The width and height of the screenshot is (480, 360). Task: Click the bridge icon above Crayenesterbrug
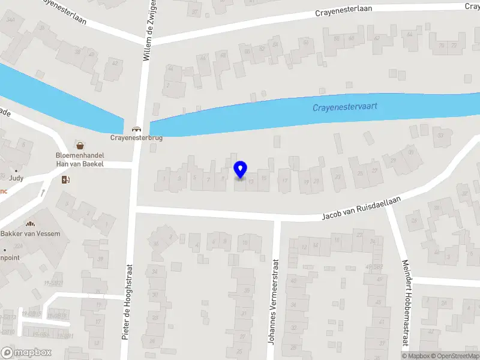click(136, 128)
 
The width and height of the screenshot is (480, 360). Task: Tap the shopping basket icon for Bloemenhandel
click(80, 145)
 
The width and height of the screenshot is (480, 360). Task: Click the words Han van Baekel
click(80, 164)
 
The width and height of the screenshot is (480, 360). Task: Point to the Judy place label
click(16, 178)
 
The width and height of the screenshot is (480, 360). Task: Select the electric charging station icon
click(65, 179)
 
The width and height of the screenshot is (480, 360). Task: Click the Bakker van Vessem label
click(30, 233)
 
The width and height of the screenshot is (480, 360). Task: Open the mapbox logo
click(26, 353)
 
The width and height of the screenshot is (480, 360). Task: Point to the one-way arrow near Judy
click(43, 193)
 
